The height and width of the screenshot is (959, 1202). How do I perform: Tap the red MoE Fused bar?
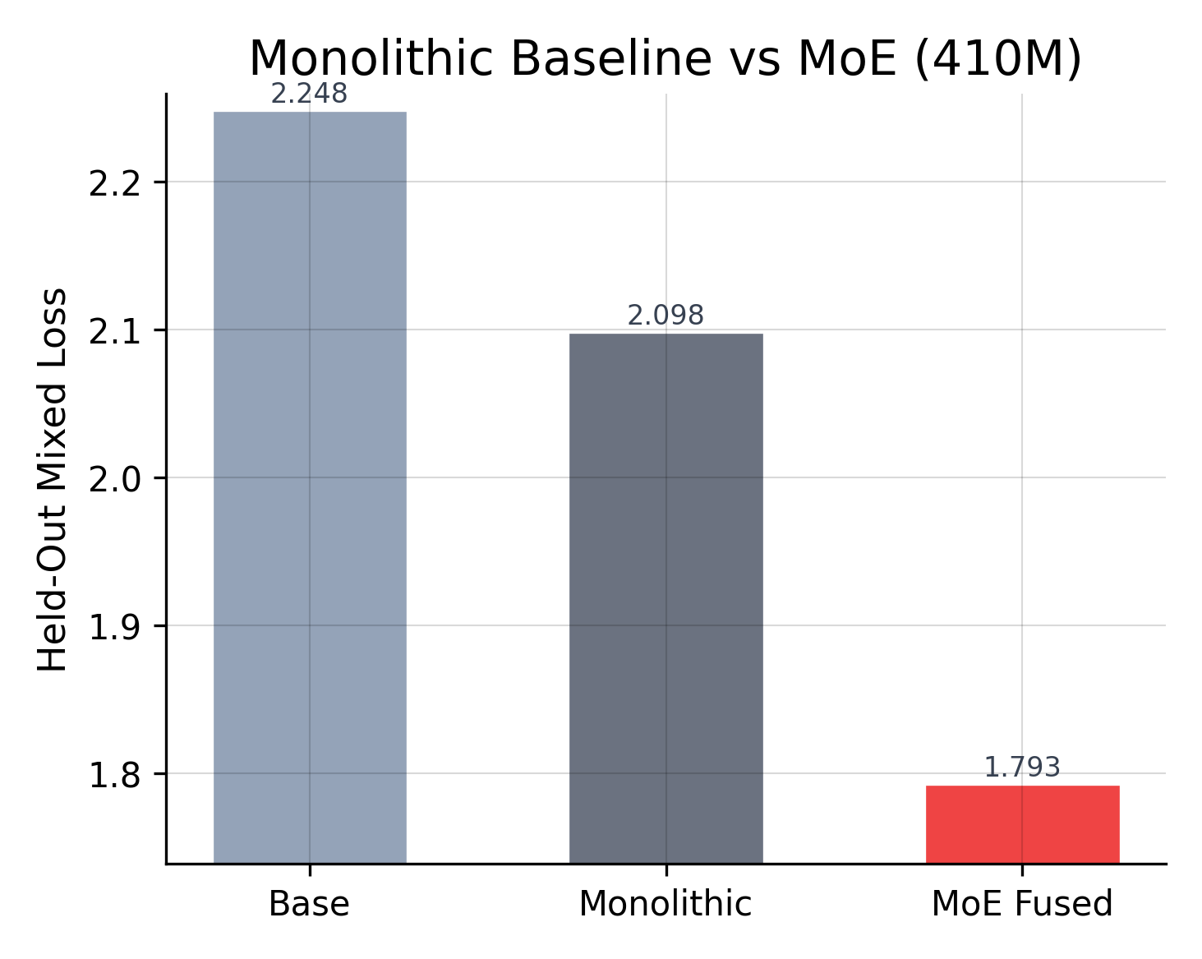[x=1022, y=823]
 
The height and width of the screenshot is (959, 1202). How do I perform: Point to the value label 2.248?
[x=309, y=95]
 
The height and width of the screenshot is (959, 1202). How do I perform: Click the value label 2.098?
[x=665, y=316]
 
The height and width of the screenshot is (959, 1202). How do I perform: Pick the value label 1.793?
[x=1022, y=768]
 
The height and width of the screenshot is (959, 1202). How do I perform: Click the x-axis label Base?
[x=309, y=905]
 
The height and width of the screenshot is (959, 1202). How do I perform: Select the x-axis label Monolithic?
[x=665, y=905]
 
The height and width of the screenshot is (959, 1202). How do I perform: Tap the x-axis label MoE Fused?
[x=1022, y=905]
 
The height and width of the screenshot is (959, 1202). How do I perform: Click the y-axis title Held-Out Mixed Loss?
[x=53, y=479]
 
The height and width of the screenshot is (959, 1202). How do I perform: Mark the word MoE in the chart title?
[x=846, y=59]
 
